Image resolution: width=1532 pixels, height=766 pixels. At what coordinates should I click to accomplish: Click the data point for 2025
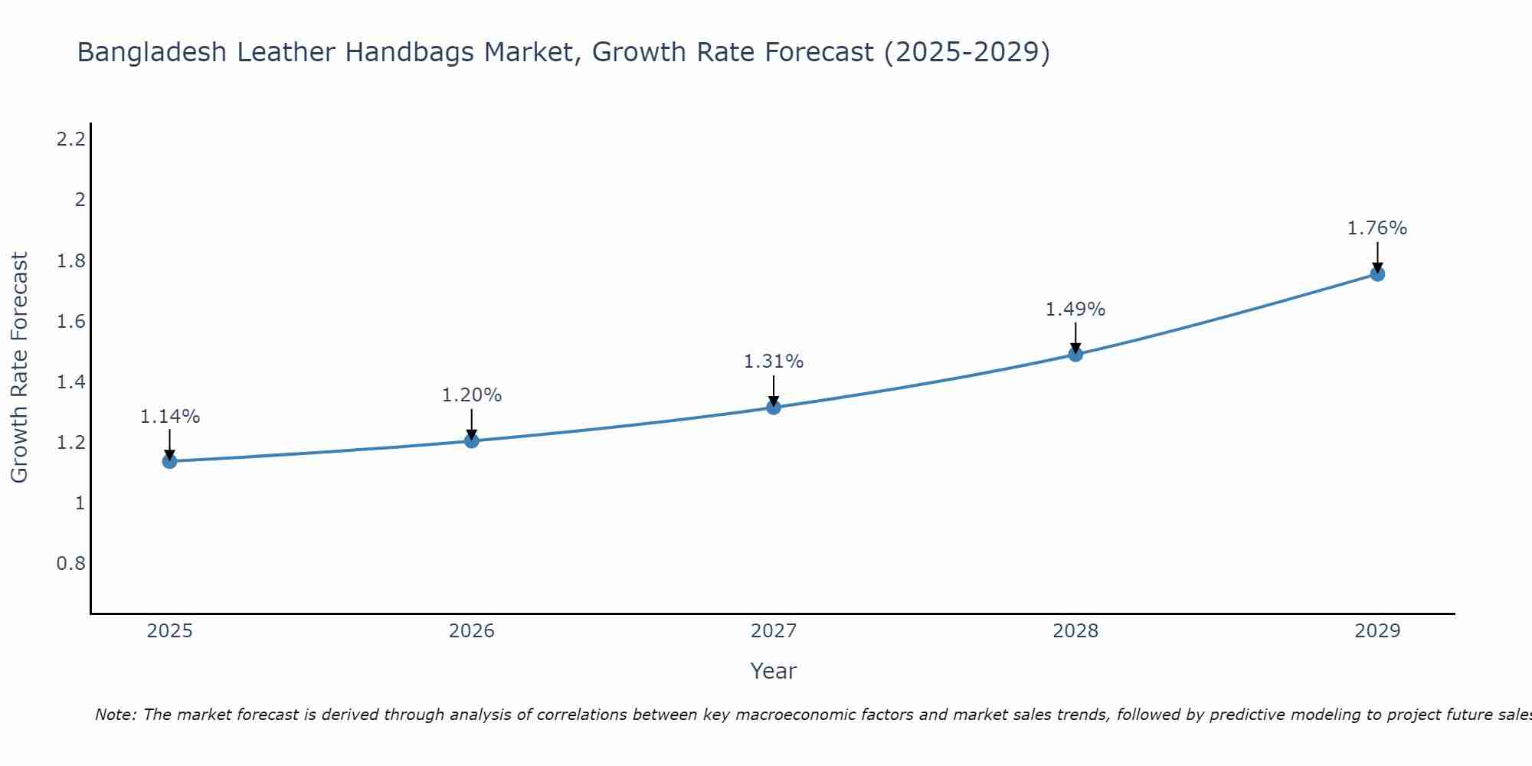click(x=169, y=461)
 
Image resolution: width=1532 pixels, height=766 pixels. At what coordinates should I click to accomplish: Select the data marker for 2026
click(x=471, y=440)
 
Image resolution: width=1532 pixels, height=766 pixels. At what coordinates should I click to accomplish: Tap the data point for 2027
click(x=773, y=407)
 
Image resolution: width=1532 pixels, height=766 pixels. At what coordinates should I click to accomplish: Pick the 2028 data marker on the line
click(x=1075, y=354)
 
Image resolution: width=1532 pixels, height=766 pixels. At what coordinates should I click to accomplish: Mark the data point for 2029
click(x=1377, y=273)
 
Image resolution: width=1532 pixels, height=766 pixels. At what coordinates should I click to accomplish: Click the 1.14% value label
click(x=169, y=417)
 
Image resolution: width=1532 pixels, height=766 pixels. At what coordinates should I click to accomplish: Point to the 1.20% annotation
click(x=471, y=395)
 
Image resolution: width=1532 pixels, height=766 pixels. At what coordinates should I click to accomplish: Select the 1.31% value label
click(x=773, y=362)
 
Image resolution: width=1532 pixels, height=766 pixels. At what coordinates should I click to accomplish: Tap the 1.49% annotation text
click(x=1075, y=309)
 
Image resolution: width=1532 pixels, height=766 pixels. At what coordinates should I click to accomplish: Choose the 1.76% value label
click(x=1377, y=228)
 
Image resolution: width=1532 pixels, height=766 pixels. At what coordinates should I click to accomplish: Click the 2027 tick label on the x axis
click(x=773, y=631)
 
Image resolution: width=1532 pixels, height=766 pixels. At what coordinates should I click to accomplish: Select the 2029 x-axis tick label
click(x=1377, y=631)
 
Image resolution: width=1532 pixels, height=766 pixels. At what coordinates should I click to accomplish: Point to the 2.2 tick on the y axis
click(x=70, y=139)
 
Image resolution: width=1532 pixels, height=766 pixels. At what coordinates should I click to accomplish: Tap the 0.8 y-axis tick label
click(x=70, y=564)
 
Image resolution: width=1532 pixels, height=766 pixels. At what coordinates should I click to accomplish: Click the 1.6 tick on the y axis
click(x=70, y=321)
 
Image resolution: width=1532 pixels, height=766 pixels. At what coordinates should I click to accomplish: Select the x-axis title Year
click(x=773, y=671)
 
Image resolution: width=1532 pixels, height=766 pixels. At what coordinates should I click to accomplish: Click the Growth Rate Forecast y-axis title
click(x=19, y=368)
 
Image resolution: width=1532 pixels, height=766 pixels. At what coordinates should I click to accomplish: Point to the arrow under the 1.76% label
click(x=1377, y=257)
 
